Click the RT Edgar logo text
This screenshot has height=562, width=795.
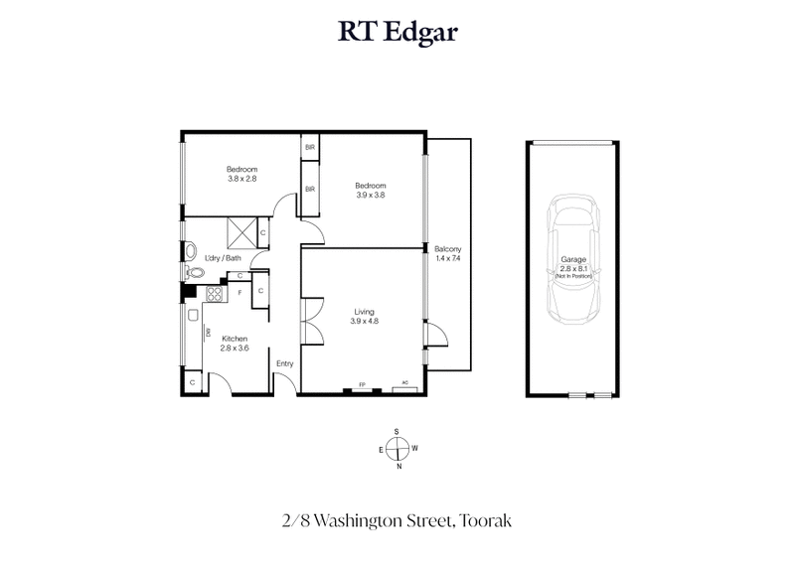click(397, 33)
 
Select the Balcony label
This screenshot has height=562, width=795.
click(448, 248)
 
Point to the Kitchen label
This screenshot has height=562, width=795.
click(234, 339)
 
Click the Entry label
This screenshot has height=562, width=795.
click(285, 363)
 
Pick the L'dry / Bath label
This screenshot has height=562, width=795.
click(223, 258)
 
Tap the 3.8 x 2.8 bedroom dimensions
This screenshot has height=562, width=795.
click(241, 179)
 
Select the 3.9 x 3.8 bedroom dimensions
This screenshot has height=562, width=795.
click(371, 195)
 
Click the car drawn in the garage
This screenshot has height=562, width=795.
click(572, 259)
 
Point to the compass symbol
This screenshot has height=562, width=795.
click(397, 448)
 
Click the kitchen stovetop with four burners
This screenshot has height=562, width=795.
click(214, 293)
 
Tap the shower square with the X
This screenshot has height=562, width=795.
click(241, 232)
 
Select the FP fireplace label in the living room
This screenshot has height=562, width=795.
click(361, 384)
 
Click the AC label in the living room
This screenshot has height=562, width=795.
click(404, 384)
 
